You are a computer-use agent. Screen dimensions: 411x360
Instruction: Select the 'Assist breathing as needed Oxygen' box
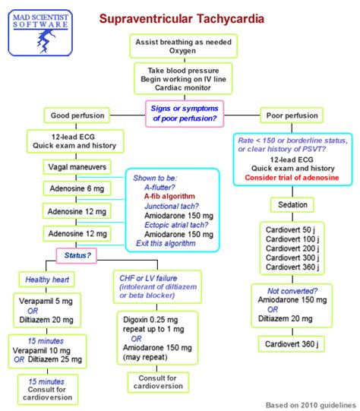(180, 47)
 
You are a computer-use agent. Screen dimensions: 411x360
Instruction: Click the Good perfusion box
(71, 116)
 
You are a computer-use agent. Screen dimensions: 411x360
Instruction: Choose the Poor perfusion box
(292, 116)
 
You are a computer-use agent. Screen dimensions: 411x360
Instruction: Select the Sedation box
(292, 204)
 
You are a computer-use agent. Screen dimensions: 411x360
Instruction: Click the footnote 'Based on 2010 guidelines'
(310, 403)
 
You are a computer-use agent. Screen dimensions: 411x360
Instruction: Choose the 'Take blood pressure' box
(180, 78)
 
